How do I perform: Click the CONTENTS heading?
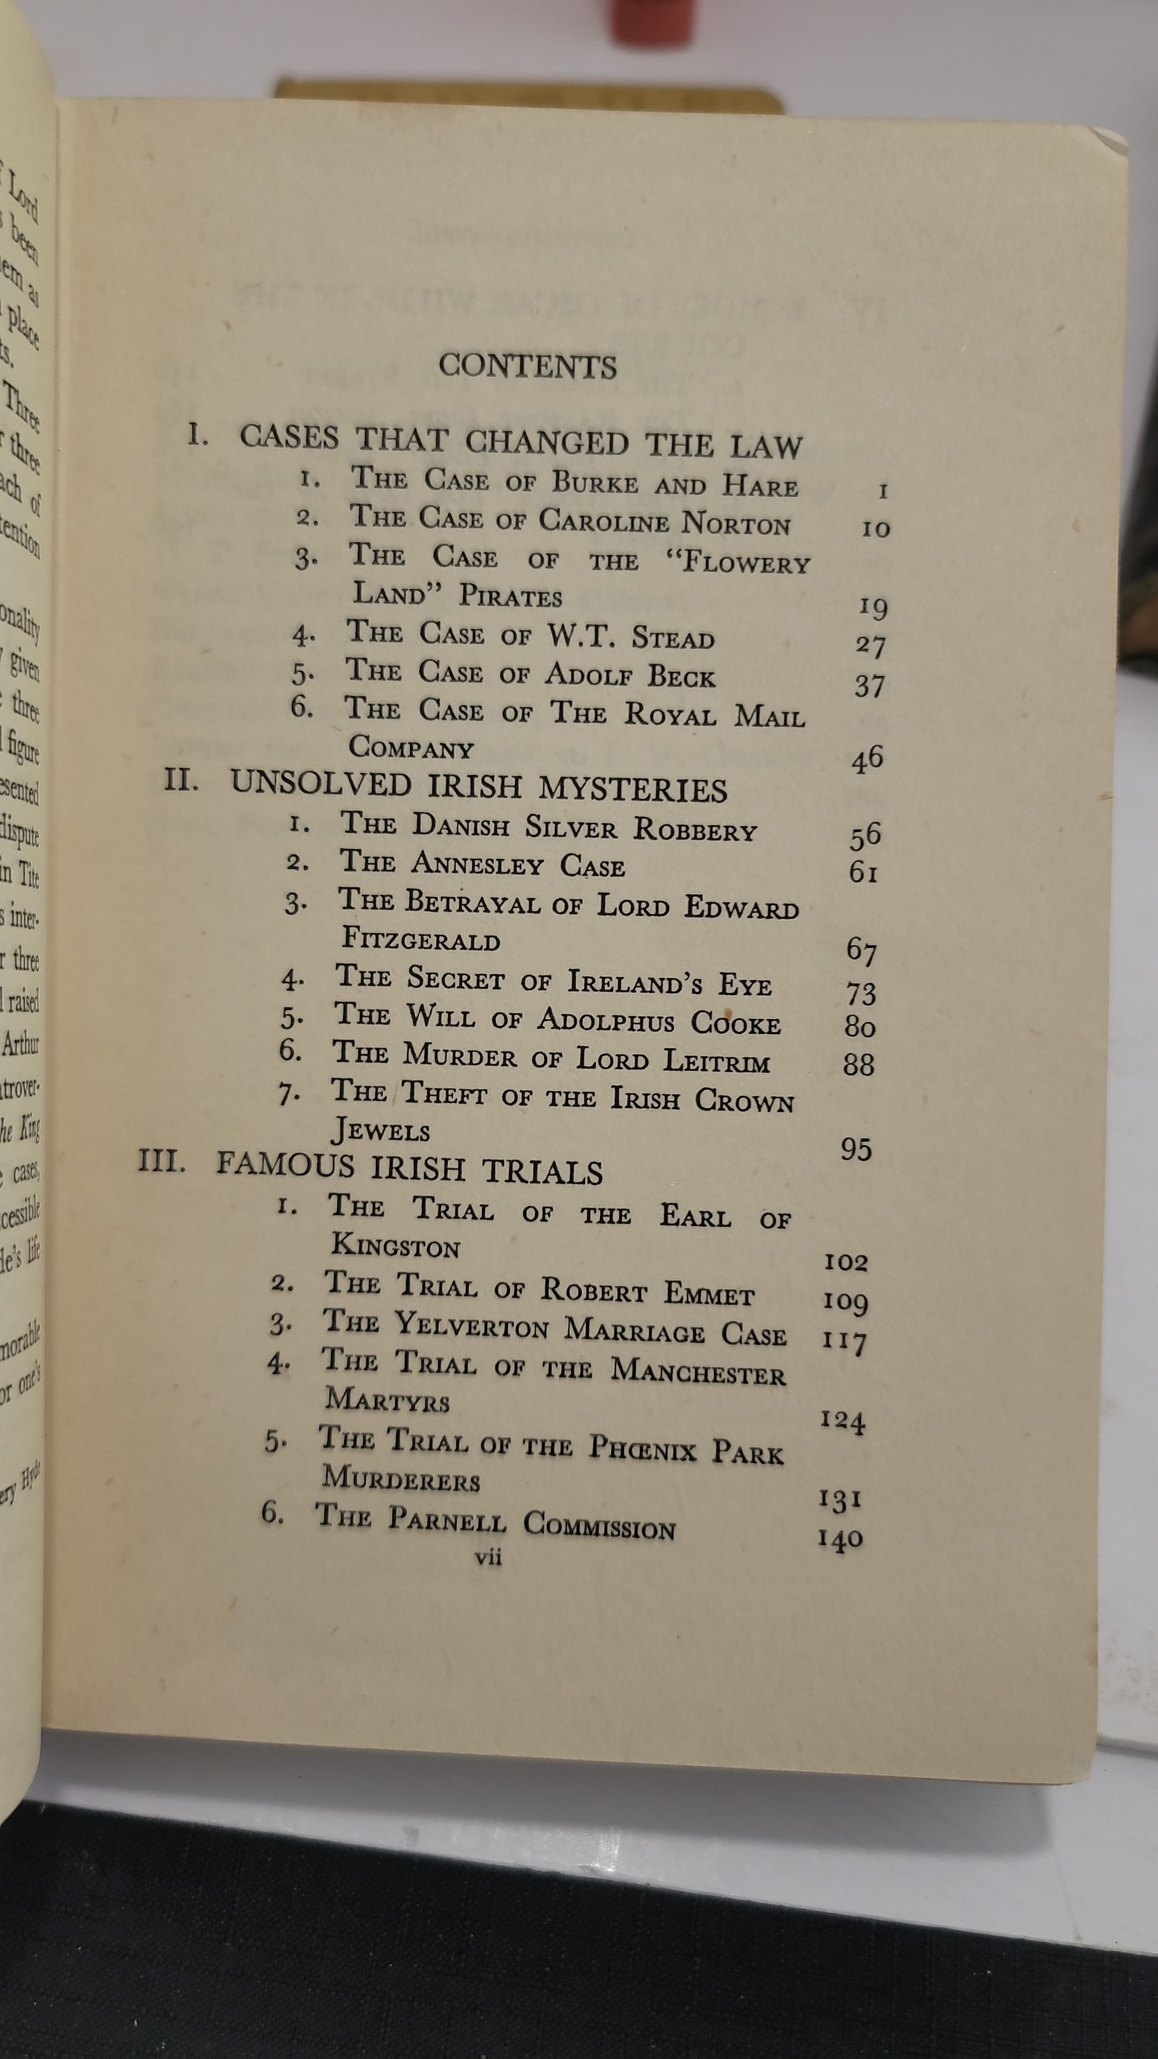click(528, 366)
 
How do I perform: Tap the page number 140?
click(840, 1539)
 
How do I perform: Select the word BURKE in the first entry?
click(595, 483)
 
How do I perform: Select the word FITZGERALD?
click(421, 939)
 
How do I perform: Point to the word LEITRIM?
click(716, 1062)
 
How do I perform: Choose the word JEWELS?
click(381, 1130)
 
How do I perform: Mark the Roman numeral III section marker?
click(162, 1160)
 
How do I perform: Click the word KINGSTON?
click(396, 1246)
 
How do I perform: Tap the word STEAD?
click(672, 638)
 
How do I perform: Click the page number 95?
click(856, 1150)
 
